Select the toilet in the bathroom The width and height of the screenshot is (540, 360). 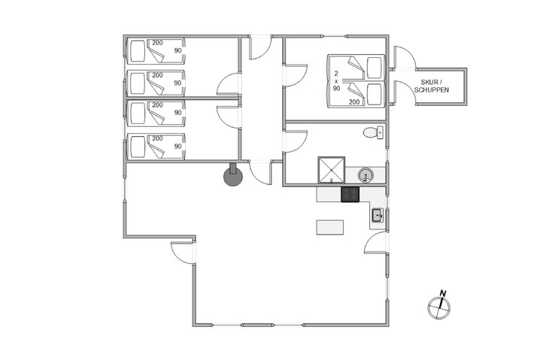click(x=372, y=133)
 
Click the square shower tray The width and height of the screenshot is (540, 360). click(x=332, y=170)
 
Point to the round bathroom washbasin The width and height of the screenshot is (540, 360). click(x=366, y=176)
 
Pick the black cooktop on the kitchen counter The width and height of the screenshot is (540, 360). click(x=351, y=195)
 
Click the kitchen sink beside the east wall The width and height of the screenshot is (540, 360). click(x=378, y=217)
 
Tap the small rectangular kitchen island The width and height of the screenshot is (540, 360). click(x=329, y=226)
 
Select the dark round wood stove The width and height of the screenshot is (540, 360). click(x=234, y=177)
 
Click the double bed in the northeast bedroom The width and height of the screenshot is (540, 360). click(x=356, y=80)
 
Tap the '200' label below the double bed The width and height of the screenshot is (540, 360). click(x=353, y=101)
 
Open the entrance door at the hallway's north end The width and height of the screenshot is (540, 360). click(x=259, y=48)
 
